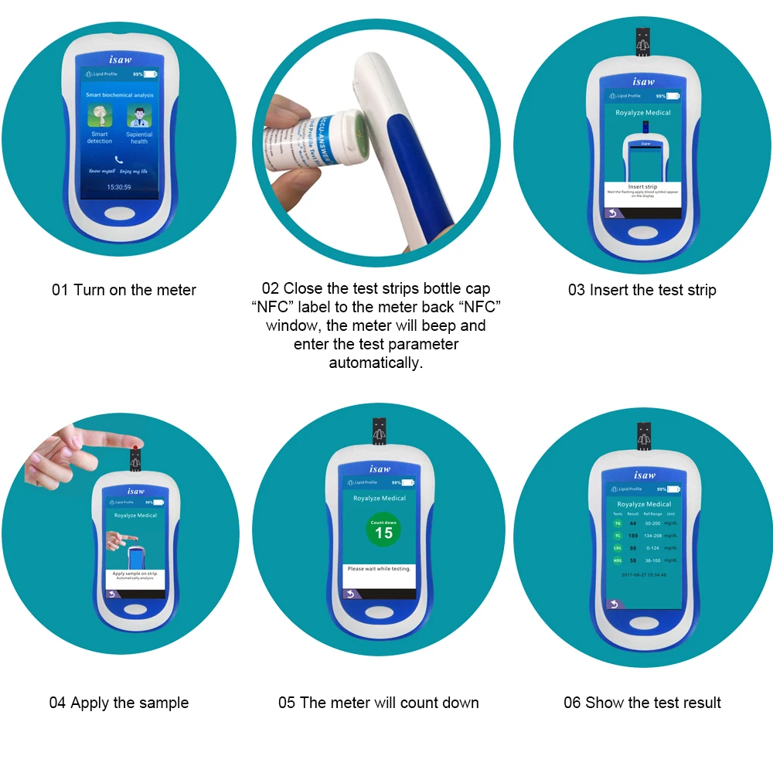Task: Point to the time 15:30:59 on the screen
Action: pos(118,187)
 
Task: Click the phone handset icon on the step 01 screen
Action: pos(118,158)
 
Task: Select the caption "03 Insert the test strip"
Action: pos(642,290)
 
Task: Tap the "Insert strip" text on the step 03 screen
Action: pos(642,186)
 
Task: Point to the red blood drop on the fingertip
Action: pos(135,449)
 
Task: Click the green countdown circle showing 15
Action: pos(383,530)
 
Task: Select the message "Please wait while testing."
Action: pos(380,568)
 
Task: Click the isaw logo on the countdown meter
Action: pos(380,468)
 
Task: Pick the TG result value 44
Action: pos(632,523)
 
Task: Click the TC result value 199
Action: pos(632,536)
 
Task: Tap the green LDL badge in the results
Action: pos(618,548)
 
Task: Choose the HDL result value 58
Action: pos(632,560)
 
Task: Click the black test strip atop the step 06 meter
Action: pos(643,437)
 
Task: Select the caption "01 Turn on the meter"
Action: pos(124,290)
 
